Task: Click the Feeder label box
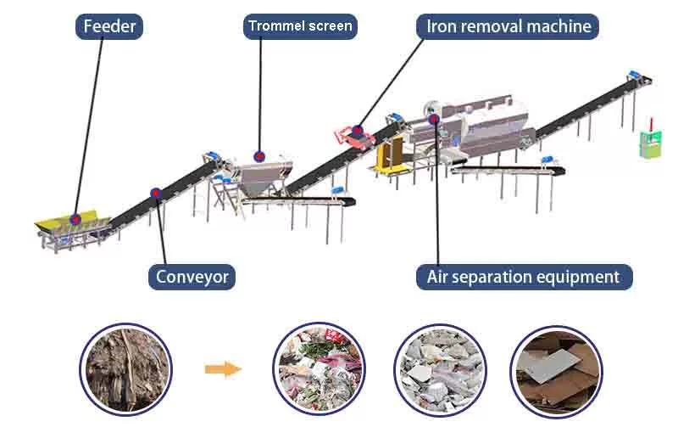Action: pyautogui.click(x=109, y=26)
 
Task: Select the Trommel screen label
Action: pyautogui.click(x=300, y=26)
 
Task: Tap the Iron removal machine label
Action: pyautogui.click(x=508, y=26)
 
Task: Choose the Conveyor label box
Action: pyautogui.click(x=192, y=277)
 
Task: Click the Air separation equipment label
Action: pyautogui.click(x=523, y=277)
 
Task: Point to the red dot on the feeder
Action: pyautogui.click(x=75, y=219)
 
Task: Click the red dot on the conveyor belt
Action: pyautogui.click(x=156, y=194)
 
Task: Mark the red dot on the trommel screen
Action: pyautogui.click(x=259, y=157)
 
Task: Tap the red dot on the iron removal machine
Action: pyautogui.click(x=358, y=131)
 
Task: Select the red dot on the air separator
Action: pyautogui.click(x=434, y=119)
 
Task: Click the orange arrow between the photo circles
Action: pyautogui.click(x=223, y=368)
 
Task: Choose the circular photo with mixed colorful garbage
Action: pyautogui.click(x=319, y=369)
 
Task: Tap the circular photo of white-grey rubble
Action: pyautogui.click(x=439, y=369)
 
